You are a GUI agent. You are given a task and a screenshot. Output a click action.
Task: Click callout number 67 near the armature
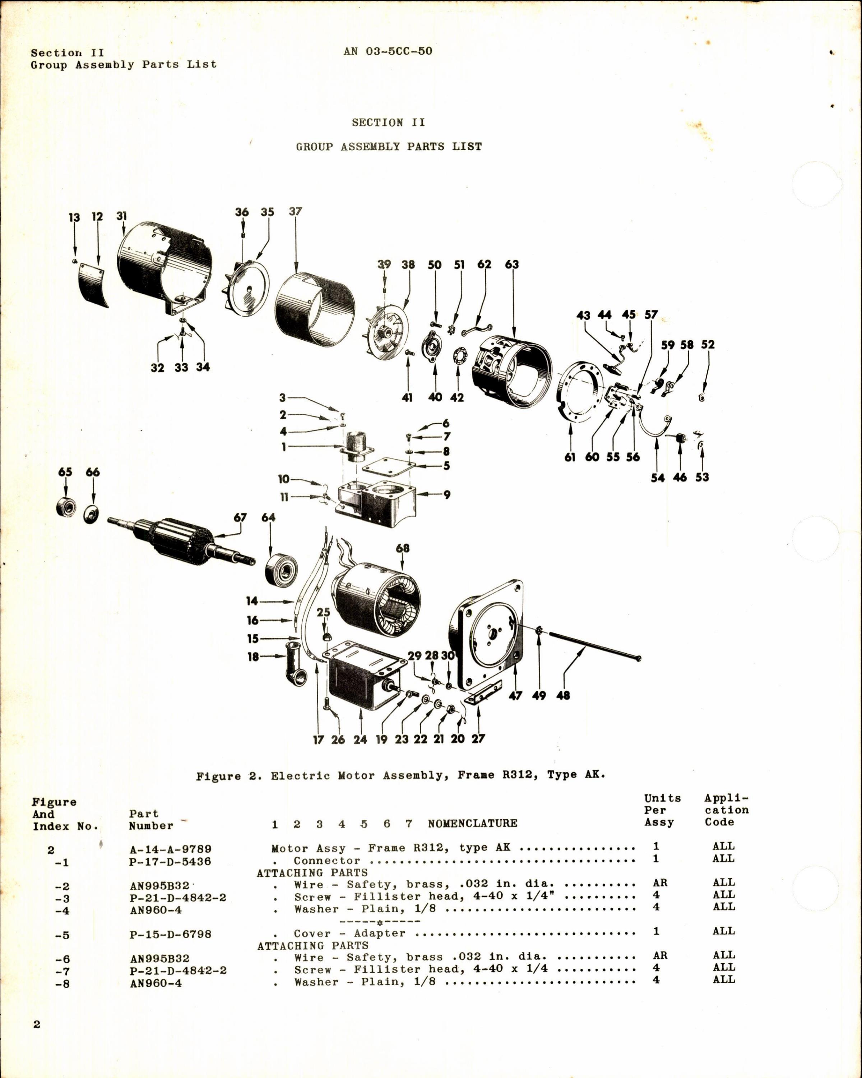(x=240, y=517)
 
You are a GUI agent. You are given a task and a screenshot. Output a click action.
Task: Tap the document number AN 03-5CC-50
(x=388, y=51)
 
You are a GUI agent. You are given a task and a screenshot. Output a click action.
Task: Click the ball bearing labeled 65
(x=65, y=507)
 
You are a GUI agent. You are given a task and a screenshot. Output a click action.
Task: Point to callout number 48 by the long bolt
(x=563, y=696)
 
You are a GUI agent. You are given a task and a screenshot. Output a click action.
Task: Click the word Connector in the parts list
(x=327, y=861)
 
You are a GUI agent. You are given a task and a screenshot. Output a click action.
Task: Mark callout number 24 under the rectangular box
(x=360, y=740)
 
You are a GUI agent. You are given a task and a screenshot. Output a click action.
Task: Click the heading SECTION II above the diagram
(x=388, y=123)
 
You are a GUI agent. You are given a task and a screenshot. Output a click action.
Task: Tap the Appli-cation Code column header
(x=727, y=810)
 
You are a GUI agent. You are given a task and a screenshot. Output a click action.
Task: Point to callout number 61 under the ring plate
(x=570, y=457)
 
